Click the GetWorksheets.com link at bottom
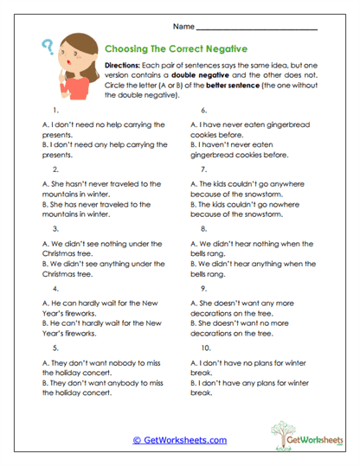pos(181,440)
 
